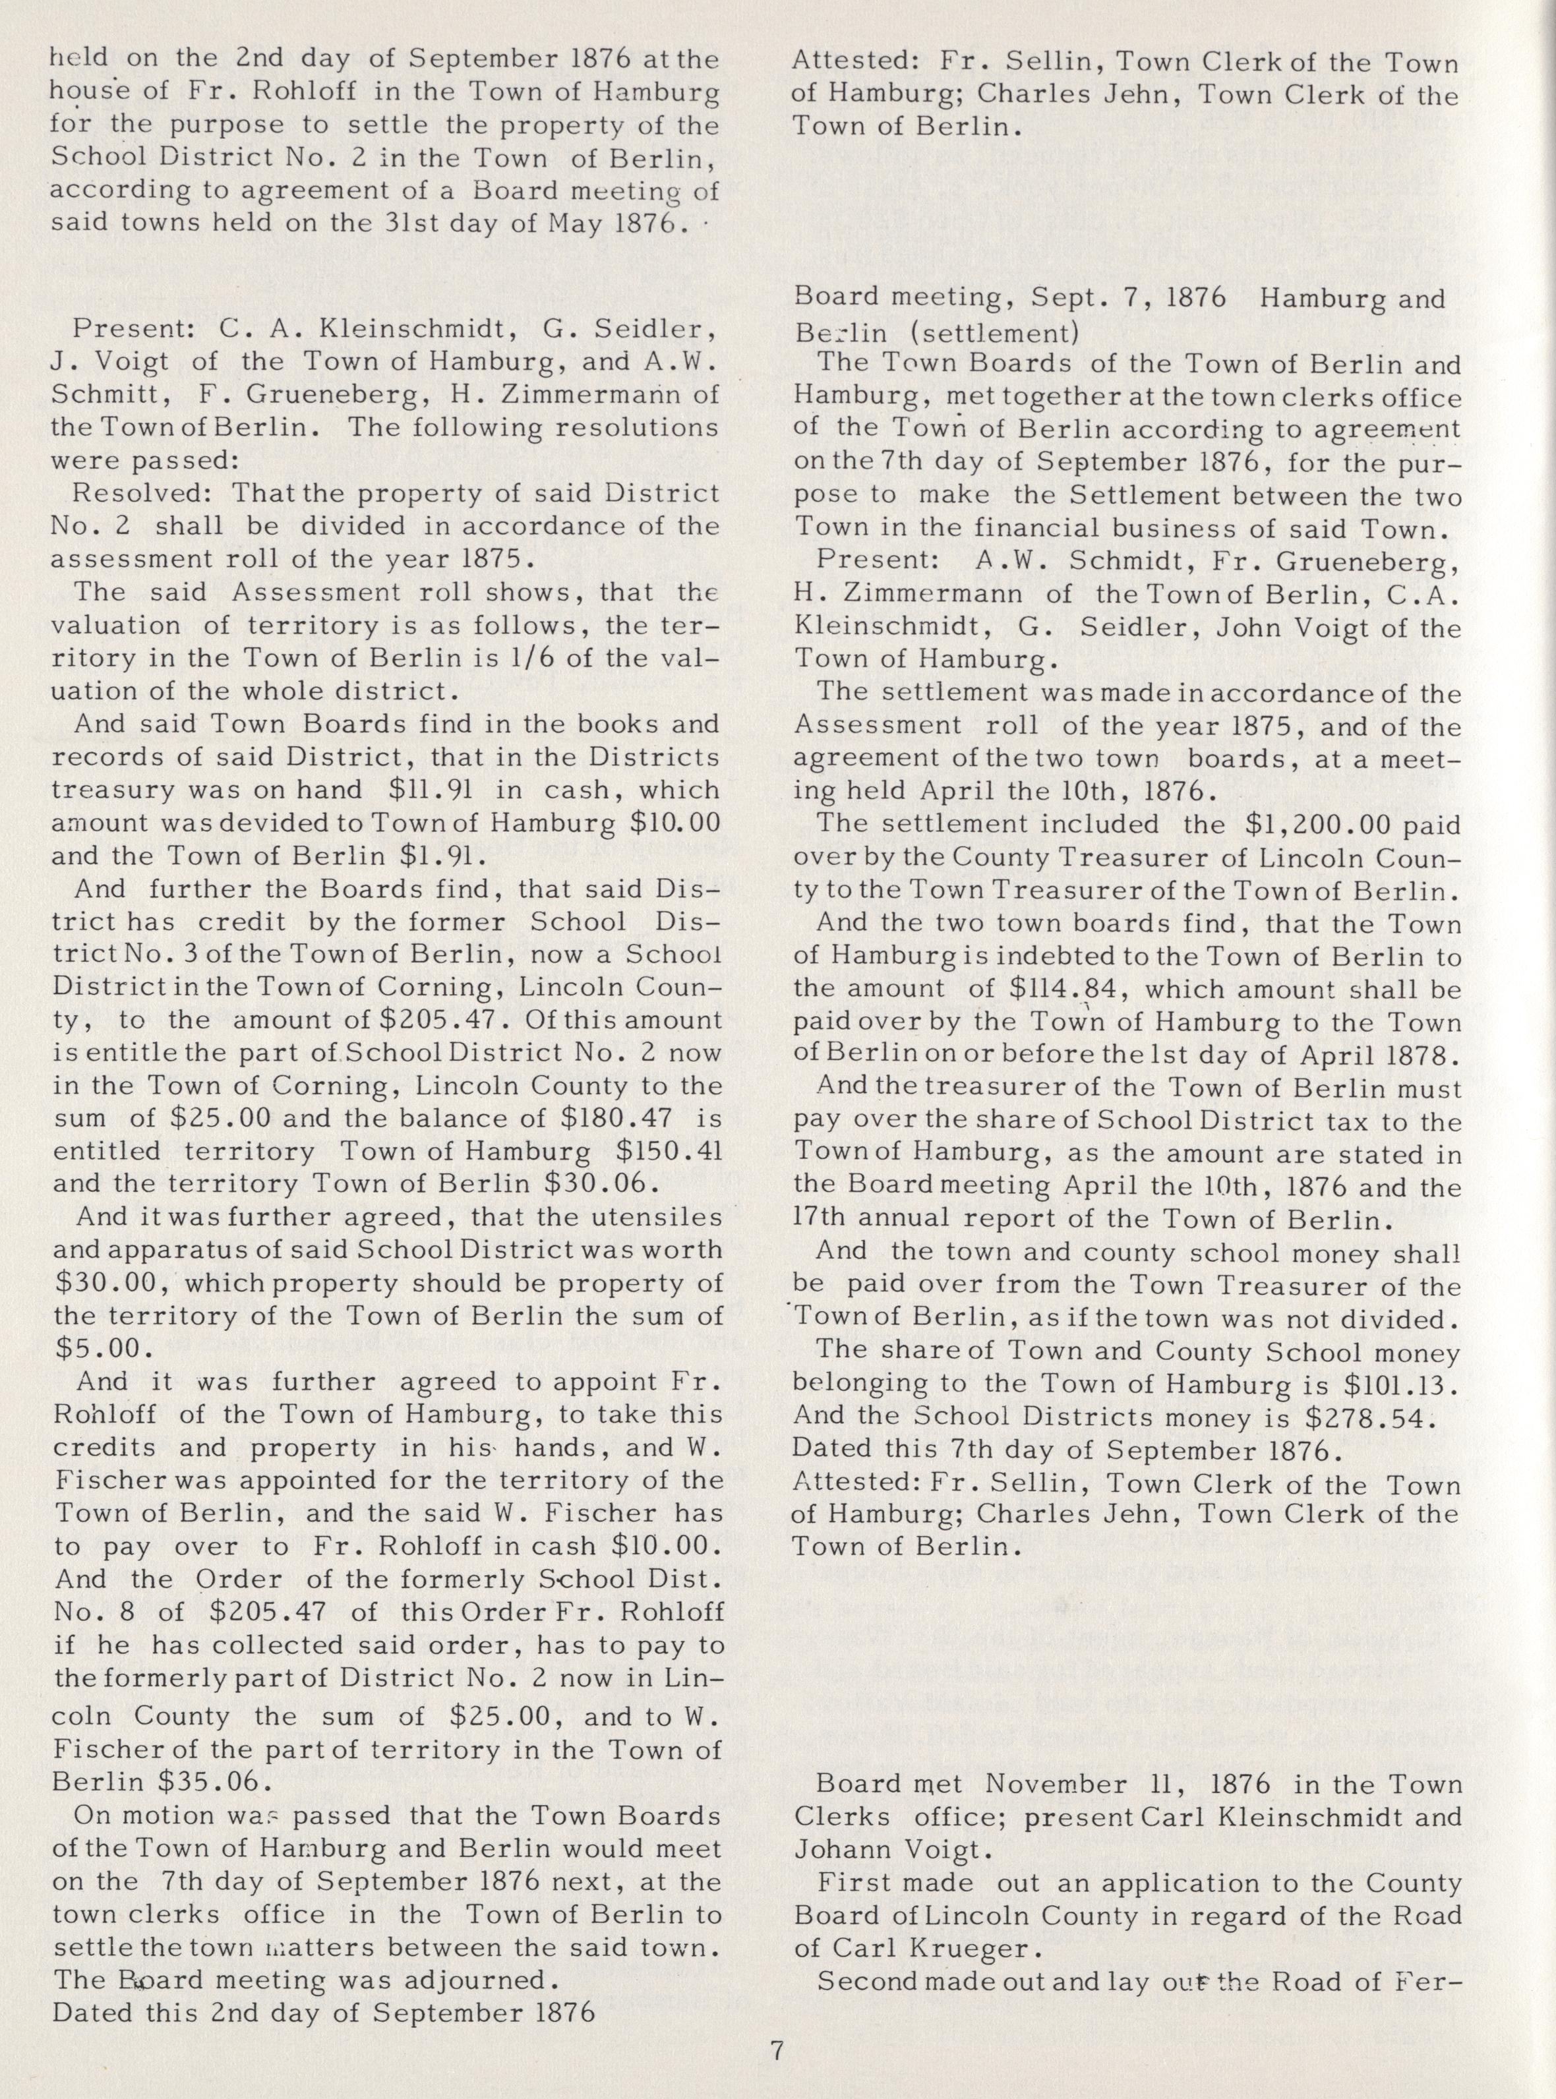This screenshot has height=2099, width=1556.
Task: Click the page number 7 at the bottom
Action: (777, 2046)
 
